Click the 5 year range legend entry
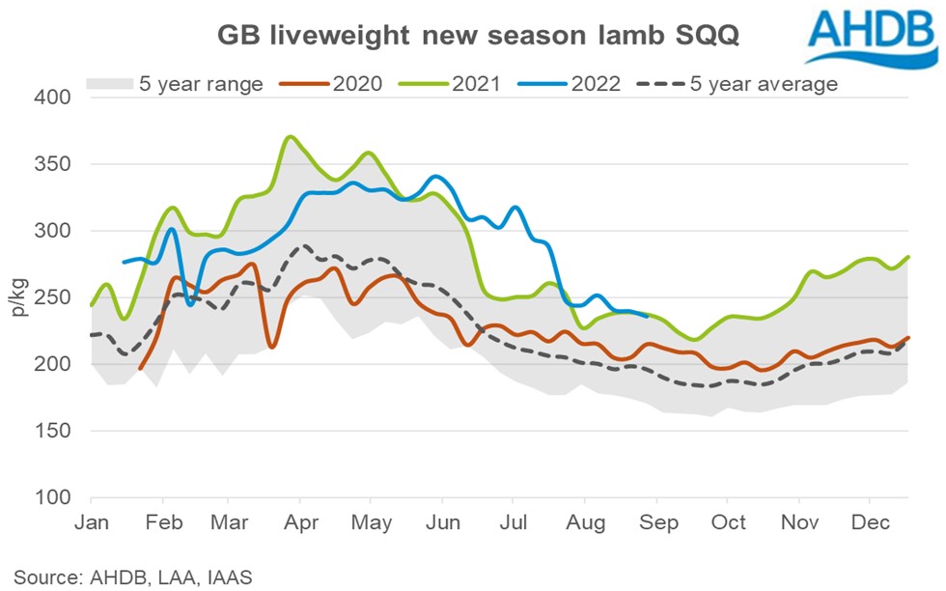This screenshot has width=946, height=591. pos(175,84)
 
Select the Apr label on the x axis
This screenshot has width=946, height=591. pos(299,522)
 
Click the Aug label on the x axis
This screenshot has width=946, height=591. pos(585,522)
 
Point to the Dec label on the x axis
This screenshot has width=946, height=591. pos(870,522)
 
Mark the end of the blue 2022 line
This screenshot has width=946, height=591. pos(646,315)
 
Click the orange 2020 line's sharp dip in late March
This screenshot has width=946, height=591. pos(273,347)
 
